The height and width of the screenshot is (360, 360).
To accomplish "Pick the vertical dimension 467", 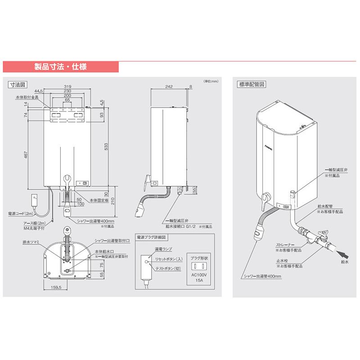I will click(x=27, y=155).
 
